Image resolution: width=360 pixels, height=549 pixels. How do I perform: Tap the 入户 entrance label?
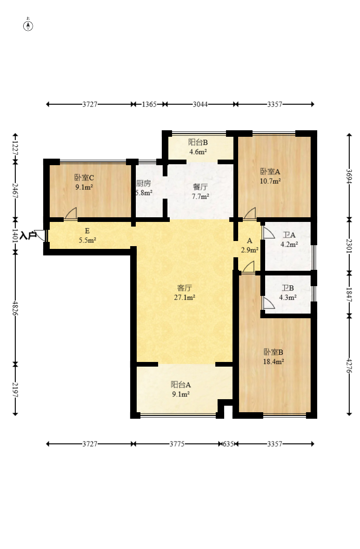pos(28,235)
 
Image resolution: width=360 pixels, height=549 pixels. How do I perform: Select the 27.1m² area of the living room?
pos(184,298)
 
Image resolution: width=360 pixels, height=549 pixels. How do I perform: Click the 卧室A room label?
pos(270,172)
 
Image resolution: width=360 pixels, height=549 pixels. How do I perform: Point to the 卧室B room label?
pos(273,352)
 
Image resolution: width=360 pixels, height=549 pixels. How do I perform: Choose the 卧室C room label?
pos(84,178)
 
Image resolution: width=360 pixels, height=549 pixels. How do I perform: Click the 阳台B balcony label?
pos(198,142)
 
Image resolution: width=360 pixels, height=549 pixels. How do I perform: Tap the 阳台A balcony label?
pos(180,384)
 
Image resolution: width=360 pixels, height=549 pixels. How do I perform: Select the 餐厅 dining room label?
pos(200,187)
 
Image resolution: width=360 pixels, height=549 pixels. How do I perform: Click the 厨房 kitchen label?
pos(143,183)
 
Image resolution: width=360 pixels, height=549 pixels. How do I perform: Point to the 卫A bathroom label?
pos(289,235)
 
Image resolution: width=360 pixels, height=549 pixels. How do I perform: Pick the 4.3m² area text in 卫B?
pos(287,298)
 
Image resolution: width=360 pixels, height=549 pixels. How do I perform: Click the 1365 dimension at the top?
pos(149,104)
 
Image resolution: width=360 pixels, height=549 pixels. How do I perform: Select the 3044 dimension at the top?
pos(200,104)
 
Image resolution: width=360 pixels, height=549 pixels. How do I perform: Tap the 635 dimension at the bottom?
pos(228,444)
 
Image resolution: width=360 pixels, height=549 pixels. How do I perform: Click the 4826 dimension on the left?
pos(15,308)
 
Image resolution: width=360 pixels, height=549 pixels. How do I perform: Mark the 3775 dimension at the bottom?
pos(177,444)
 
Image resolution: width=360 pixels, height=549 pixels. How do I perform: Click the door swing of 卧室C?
pos(70,214)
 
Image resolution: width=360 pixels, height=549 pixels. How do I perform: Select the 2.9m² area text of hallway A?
pos(249,250)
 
